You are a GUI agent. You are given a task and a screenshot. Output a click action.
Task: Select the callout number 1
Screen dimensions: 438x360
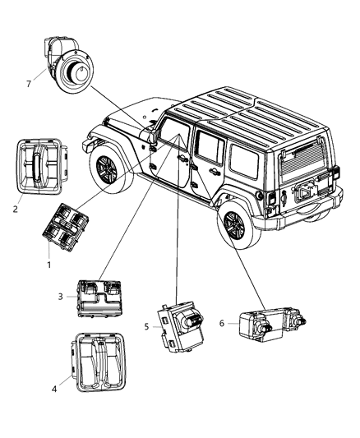pos(48,265)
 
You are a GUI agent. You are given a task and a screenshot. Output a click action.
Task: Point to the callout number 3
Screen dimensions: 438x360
pos(61,297)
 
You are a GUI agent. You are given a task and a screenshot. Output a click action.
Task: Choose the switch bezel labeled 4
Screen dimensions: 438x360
pos(98,362)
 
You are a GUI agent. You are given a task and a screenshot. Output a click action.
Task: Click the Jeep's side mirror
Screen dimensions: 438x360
pos(151,142)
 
